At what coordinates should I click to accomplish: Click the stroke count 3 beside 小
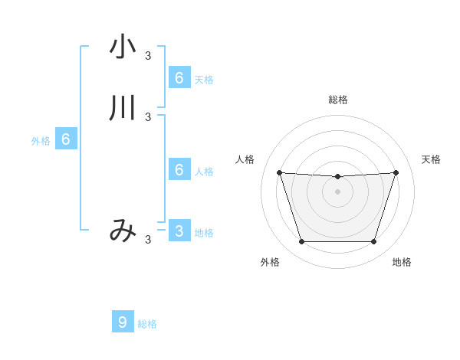click(148, 55)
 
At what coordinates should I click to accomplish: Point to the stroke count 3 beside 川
click(148, 116)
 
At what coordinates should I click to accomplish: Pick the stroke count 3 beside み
click(148, 239)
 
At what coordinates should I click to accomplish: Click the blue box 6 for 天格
click(179, 78)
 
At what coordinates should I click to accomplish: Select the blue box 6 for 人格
click(179, 170)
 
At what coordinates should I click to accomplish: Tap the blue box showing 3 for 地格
click(179, 231)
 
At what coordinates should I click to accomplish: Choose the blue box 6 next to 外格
click(66, 139)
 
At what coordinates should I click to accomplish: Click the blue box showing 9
click(122, 322)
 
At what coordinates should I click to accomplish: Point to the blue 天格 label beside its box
click(204, 80)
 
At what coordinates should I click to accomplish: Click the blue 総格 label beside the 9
click(147, 324)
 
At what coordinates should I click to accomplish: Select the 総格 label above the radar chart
click(337, 100)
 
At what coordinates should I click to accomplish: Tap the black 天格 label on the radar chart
click(431, 159)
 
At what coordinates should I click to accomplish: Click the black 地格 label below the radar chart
click(402, 262)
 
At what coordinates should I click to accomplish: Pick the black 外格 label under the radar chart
click(270, 262)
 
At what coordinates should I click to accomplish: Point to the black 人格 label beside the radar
click(245, 159)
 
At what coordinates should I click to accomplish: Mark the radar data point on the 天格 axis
click(396, 172)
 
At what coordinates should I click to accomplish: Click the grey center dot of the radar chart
click(337, 191)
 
